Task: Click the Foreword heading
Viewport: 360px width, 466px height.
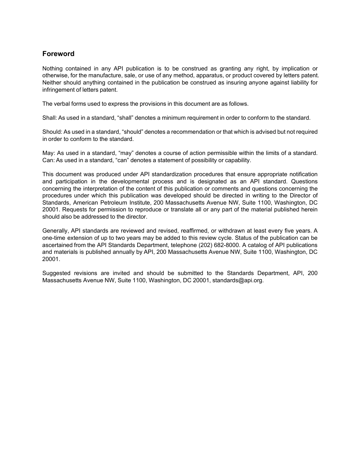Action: (58, 54)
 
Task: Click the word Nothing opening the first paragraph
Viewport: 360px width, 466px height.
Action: (53, 69)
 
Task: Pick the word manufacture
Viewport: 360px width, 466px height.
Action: (102, 75)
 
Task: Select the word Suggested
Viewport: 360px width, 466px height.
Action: (55, 273)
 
